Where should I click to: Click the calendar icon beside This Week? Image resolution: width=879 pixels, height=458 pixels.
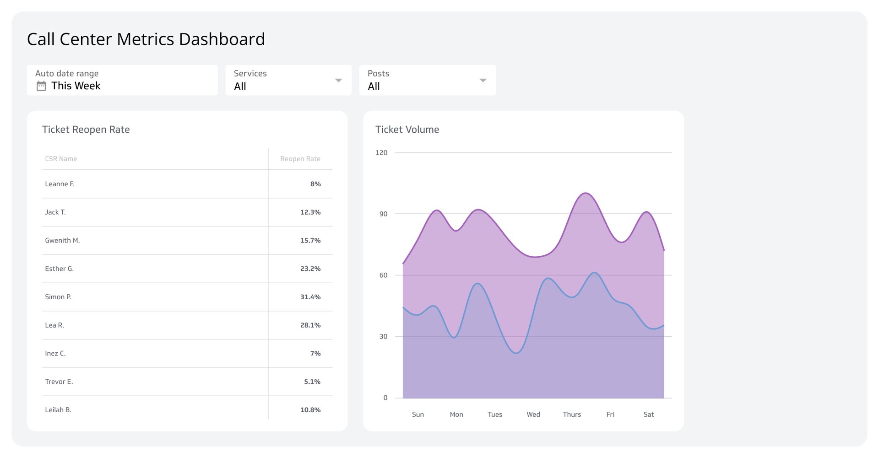41,86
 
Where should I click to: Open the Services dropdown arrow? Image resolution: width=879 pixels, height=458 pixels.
338,81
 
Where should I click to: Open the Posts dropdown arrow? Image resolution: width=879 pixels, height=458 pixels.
483,81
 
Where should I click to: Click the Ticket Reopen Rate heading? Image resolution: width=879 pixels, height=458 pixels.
86,129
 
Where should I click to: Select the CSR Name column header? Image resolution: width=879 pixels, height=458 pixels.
61,159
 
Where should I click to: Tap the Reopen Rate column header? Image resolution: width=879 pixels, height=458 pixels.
300,159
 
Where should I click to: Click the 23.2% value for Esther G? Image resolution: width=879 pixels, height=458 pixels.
310,269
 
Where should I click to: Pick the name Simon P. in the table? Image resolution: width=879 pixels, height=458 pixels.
58,297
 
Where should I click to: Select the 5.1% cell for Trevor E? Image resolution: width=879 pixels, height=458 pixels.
312,382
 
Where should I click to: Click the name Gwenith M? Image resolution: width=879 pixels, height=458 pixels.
62,240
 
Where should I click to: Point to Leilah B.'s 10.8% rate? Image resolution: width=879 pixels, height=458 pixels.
310,410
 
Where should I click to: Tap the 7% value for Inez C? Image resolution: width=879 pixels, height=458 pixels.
315,353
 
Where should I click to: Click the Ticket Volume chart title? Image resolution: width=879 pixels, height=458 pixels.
407,129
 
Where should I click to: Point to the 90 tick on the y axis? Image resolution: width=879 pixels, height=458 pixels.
383,214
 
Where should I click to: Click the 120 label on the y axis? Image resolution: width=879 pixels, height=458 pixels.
381,152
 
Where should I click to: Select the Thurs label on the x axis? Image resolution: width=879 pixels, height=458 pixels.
572,415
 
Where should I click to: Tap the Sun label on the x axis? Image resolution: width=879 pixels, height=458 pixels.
418,415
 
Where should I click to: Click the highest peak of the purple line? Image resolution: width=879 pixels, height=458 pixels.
586,193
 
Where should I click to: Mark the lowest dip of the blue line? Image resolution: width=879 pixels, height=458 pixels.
516,353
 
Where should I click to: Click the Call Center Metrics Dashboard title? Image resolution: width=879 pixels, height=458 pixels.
146,39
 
